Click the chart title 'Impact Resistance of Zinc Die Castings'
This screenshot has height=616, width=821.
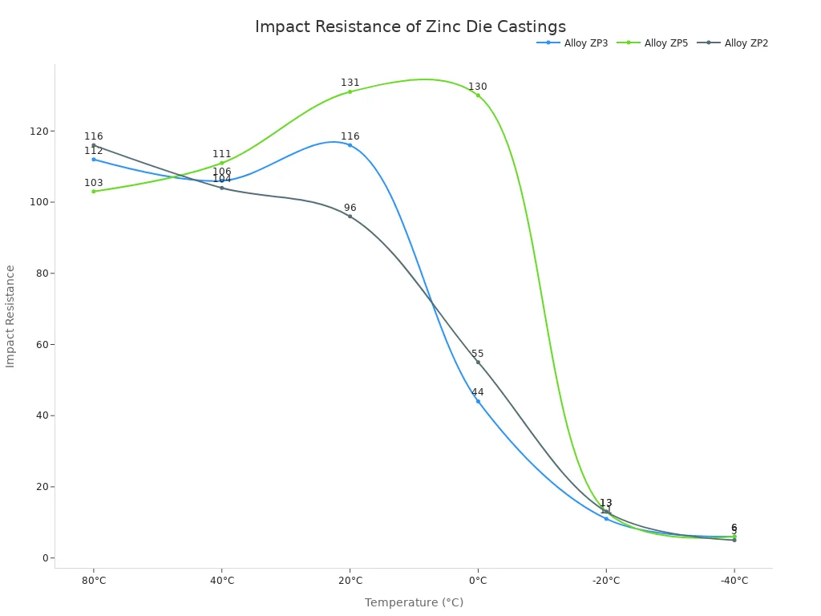coord(410,27)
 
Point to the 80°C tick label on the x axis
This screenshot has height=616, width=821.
coord(94,581)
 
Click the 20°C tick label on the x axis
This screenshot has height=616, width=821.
coord(350,581)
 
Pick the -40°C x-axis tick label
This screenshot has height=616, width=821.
coord(734,581)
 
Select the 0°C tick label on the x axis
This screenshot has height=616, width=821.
coord(478,581)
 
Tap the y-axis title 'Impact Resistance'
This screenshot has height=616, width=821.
coord(10,316)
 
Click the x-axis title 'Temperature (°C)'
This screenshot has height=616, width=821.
coord(414,602)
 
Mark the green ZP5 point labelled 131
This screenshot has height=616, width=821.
coord(350,91)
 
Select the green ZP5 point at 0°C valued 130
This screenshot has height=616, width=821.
coord(478,95)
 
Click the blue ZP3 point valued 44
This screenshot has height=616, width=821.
coord(478,401)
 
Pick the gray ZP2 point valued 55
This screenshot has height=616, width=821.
coord(478,362)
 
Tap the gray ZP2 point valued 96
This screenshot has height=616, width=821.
coord(350,216)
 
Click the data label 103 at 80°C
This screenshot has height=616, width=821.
coord(94,183)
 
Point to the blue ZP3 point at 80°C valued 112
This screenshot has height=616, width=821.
coord(94,159)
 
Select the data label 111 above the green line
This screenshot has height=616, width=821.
coord(222,154)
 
